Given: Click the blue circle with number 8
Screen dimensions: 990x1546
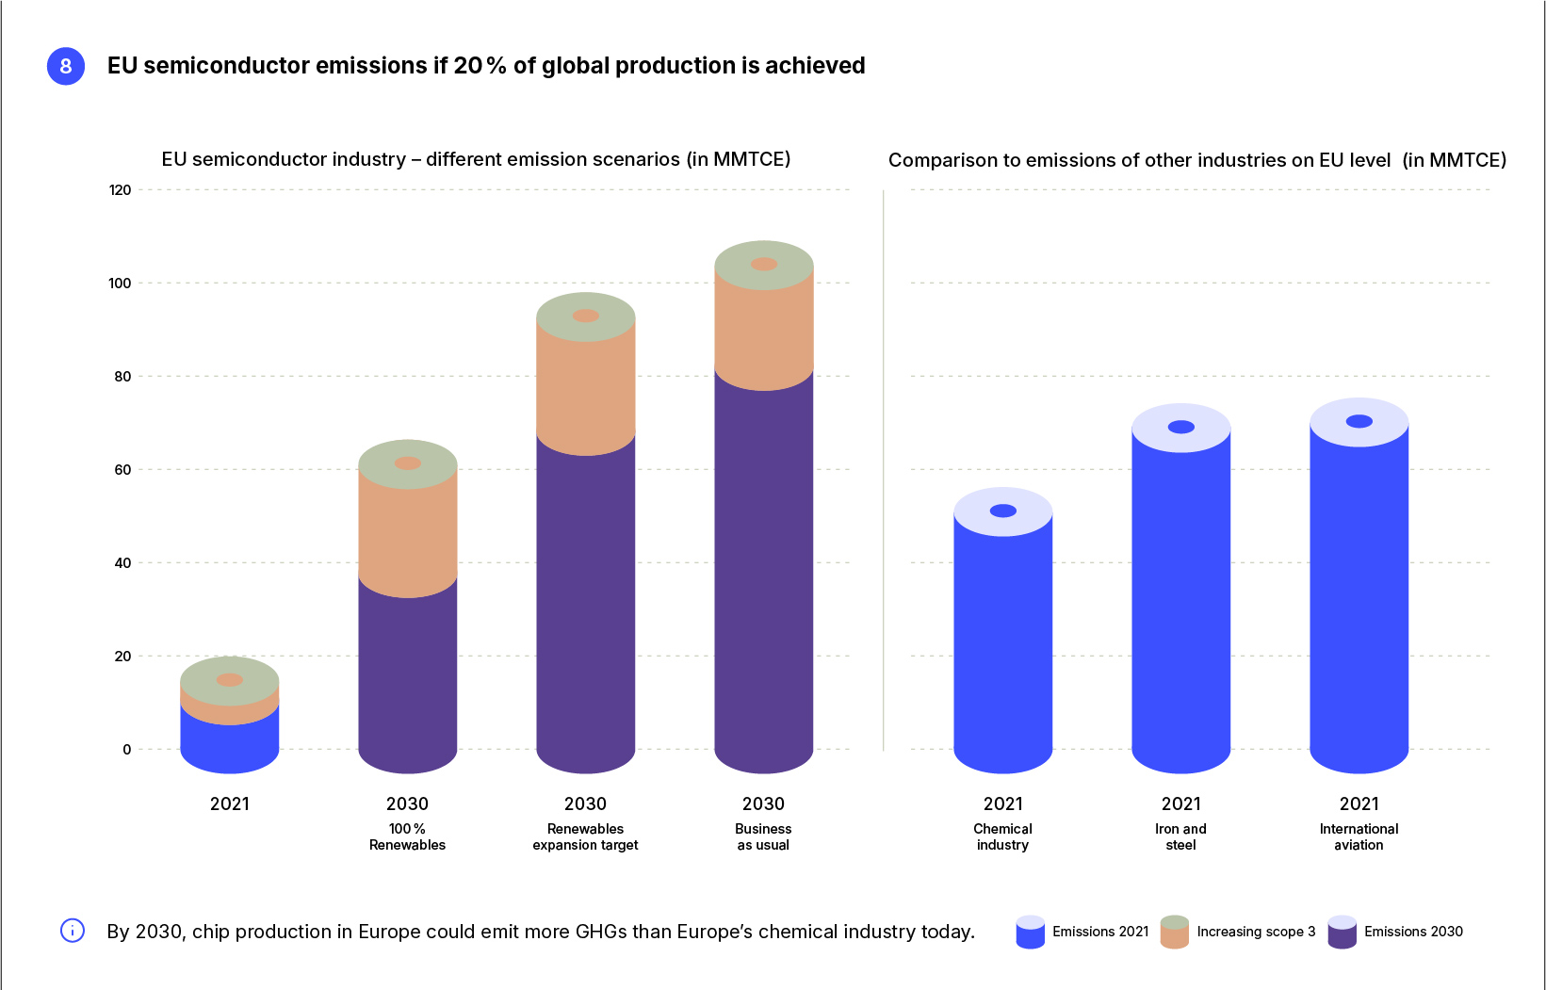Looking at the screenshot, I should (x=66, y=66).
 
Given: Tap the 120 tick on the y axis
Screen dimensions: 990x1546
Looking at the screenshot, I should (x=121, y=190).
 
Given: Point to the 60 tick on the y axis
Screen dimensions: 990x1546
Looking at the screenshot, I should (x=122, y=470).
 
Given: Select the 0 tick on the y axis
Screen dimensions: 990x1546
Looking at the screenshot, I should (x=126, y=750).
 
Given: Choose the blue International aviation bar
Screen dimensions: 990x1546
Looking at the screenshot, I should (x=1359, y=603).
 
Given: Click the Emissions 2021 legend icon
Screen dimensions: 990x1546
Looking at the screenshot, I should (x=1031, y=932).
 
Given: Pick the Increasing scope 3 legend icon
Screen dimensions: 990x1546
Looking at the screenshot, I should (x=1175, y=932).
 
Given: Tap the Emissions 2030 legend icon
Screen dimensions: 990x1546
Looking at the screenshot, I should (x=1343, y=932).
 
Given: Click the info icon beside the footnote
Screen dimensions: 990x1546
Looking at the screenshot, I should (x=73, y=931).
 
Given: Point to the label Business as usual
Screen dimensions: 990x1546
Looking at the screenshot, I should (x=763, y=836).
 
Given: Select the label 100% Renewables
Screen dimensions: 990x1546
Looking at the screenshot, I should (x=407, y=836).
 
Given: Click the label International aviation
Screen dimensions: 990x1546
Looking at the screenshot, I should (x=1359, y=836).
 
